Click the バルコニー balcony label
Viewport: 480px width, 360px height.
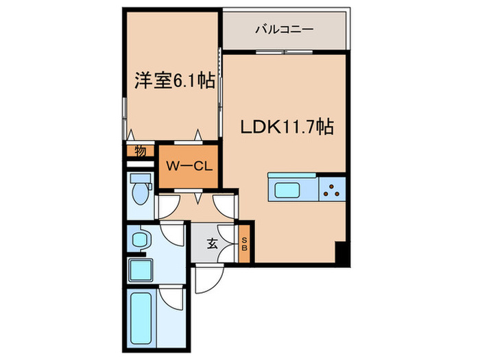click(x=284, y=29)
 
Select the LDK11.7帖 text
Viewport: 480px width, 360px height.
click(x=286, y=127)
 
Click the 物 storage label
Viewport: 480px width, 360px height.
click(x=140, y=152)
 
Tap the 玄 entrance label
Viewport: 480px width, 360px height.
click(x=213, y=243)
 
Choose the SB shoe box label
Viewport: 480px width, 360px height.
click(x=245, y=243)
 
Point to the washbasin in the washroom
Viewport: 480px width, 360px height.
click(x=140, y=240)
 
